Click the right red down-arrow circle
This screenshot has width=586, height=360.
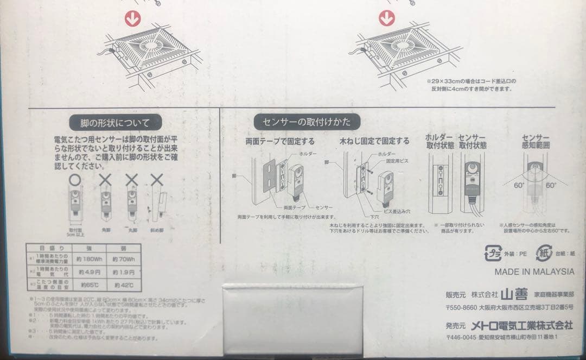pyautogui.click(x=387, y=18)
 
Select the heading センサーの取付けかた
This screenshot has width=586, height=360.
pyautogui.click(x=307, y=122)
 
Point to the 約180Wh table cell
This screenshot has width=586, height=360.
pyautogui.click(x=90, y=258)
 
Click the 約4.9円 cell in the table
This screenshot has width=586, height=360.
pyautogui.click(x=90, y=271)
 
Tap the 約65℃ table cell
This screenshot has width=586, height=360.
pyautogui.click(x=90, y=285)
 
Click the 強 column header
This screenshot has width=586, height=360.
pyautogui.click(x=90, y=248)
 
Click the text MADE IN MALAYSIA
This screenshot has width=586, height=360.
pyautogui.click(x=534, y=271)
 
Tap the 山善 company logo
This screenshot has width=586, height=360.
pyautogui.click(x=513, y=295)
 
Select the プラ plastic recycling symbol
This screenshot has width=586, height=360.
pyautogui.click(x=493, y=253)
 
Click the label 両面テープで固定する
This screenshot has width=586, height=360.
pyautogui.click(x=280, y=141)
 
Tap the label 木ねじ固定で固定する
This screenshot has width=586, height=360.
pyautogui.click(x=374, y=141)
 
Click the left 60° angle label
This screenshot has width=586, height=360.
pyautogui.click(x=519, y=185)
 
